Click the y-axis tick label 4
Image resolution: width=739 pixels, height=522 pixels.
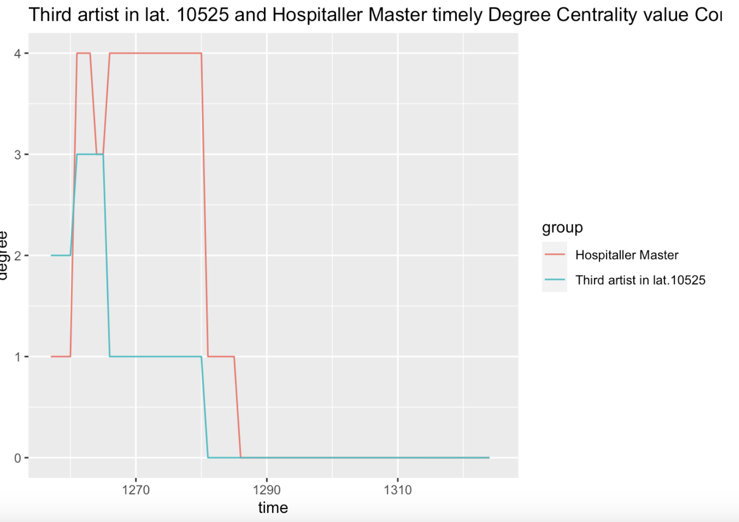17,54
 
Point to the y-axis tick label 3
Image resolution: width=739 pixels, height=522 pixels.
17,155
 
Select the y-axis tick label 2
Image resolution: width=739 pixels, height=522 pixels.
17,256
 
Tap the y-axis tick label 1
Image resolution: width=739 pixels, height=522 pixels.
17,357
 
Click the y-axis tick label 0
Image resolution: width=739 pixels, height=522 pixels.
17,458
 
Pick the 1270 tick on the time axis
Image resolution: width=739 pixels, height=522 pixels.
136,490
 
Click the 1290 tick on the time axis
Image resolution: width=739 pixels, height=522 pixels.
267,490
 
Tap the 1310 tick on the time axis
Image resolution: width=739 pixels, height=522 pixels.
397,490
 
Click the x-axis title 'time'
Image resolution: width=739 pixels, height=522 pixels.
273,508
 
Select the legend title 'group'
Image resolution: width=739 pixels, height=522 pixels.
562,227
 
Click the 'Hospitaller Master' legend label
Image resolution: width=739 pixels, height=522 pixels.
627,255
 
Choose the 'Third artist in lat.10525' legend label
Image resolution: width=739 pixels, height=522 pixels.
640,280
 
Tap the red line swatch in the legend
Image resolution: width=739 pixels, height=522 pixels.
554,255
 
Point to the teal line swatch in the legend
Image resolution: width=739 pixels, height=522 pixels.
554,280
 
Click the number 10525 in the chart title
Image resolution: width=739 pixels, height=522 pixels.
203,15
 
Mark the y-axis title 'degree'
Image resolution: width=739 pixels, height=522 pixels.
4,255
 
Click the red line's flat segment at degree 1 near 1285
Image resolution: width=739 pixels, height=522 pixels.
221,357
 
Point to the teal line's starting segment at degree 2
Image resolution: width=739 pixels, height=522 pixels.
61,255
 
